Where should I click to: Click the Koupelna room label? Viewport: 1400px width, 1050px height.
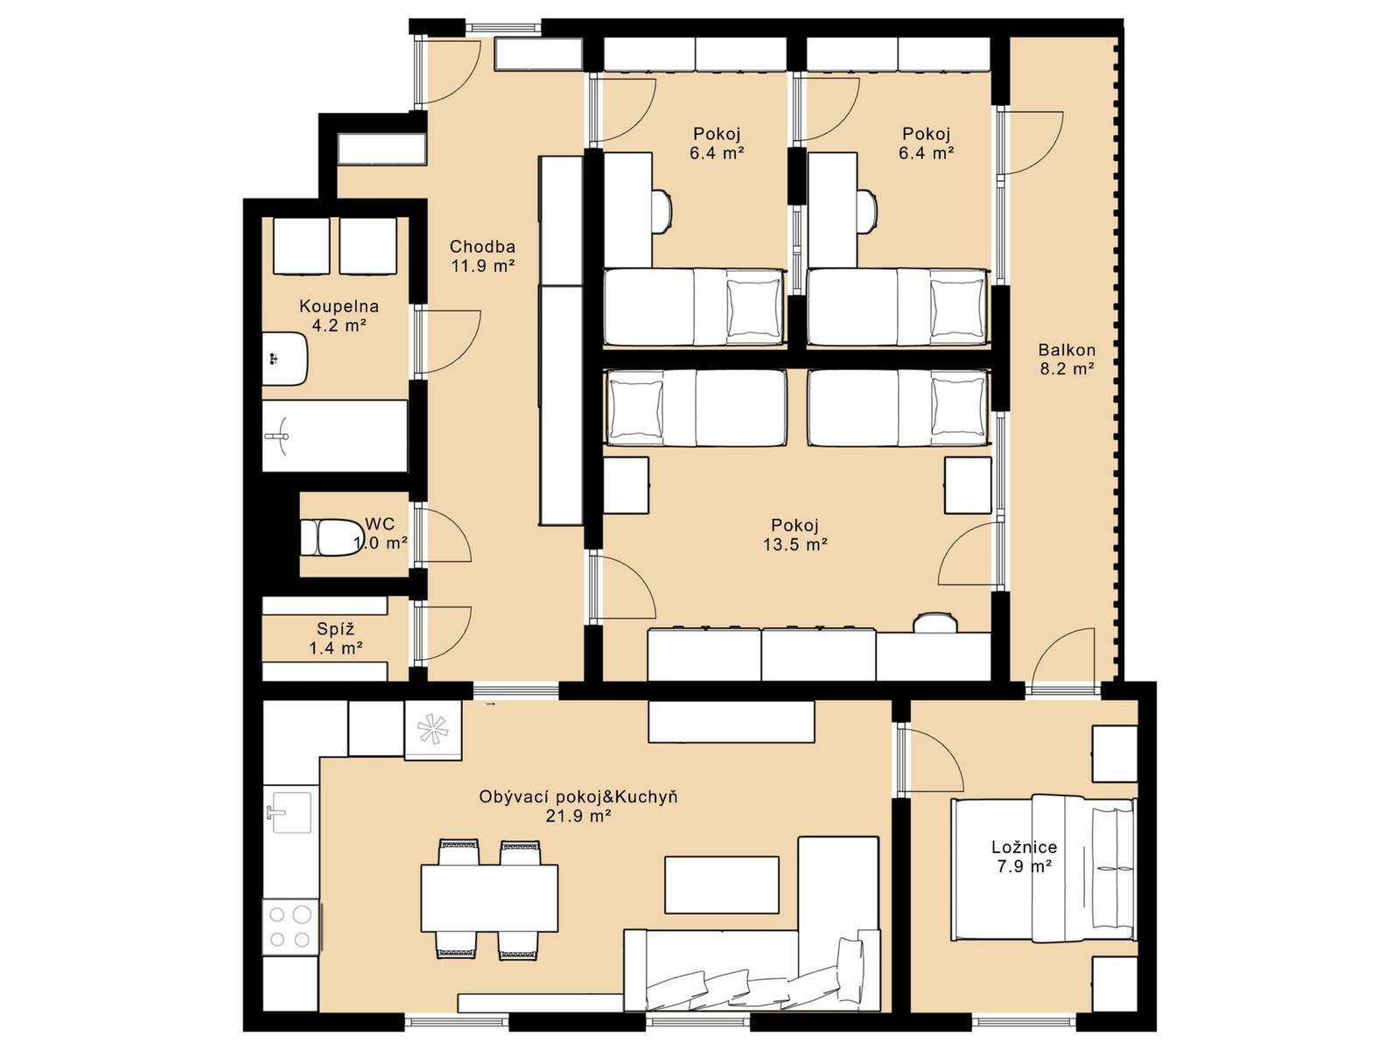click(x=339, y=306)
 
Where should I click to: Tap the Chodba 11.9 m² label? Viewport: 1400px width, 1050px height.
click(x=483, y=255)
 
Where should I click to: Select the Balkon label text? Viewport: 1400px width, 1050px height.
click(x=1067, y=350)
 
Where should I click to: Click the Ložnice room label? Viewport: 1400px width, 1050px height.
click(x=1024, y=847)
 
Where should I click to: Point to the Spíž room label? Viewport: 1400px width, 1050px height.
click(x=335, y=629)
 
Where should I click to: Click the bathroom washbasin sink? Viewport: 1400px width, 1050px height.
click(x=284, y=359)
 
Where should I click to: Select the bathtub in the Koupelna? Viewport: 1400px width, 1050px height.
click(x=335, y=436)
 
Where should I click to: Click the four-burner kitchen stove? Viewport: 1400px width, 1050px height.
click(x=290, y=927)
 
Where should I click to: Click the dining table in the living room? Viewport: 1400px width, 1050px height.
click(x=489, y=898)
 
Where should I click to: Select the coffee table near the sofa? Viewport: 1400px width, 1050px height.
click(x=722, y=885)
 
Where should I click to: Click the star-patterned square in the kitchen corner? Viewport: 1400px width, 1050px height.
click(x=434, y=731)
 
